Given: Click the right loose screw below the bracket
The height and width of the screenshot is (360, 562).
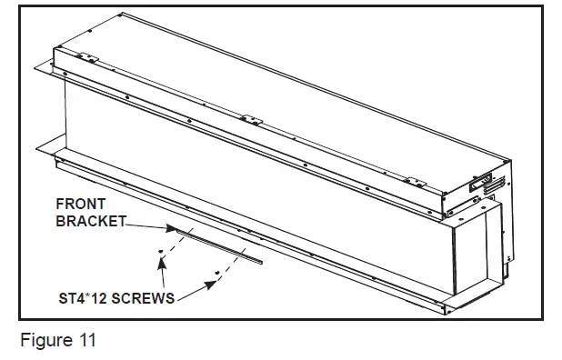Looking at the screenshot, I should (x=213, y=272).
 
